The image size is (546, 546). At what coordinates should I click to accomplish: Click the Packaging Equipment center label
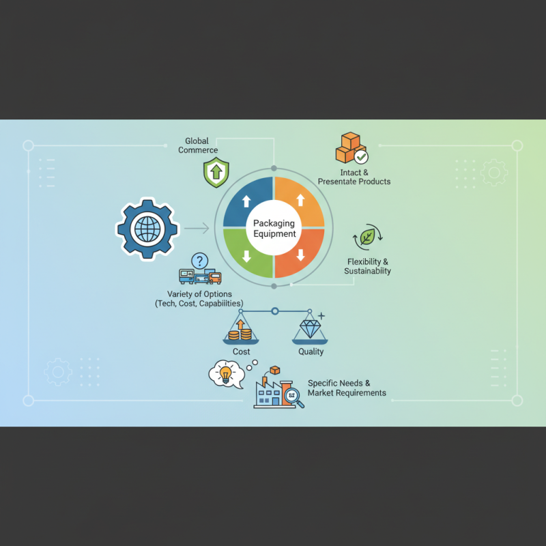pyautogui.click(x=274, y=229)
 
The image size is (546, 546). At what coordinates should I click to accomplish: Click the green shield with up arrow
pyautogui.click(x=216, y=173)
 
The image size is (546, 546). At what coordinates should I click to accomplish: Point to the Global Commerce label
pyautogui.click(x=198, y=145)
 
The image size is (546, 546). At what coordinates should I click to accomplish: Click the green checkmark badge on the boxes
pyautogui.click(x=361, y=157)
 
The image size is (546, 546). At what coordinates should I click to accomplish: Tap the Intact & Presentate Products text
pyautogui.click(x=354, y=177)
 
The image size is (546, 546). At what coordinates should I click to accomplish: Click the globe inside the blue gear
pyautogui.click(x=147, y=229)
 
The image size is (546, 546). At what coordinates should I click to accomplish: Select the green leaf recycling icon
pyautogui.click(x=367, y=237)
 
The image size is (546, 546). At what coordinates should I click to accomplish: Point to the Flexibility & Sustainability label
pyautogui.click(x=367, y=266)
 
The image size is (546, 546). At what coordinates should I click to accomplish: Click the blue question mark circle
pyautogui.click(x=199, y=261)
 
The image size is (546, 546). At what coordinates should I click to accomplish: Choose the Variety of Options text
pyautogui.click(x=199, y=299)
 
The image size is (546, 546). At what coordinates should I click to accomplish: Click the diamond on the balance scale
pyautogui.click(x=310, y=329)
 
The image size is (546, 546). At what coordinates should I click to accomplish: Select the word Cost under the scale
pyautogui.click(x=242, y=351)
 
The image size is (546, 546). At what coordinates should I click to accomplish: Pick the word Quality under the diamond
pyautogui.click(x=311, y=351)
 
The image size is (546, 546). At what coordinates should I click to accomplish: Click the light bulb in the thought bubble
pyautogui.click(x=225, y=375)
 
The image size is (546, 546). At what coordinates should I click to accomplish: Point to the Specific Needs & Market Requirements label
pyautogui.click(x=347, y=388)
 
